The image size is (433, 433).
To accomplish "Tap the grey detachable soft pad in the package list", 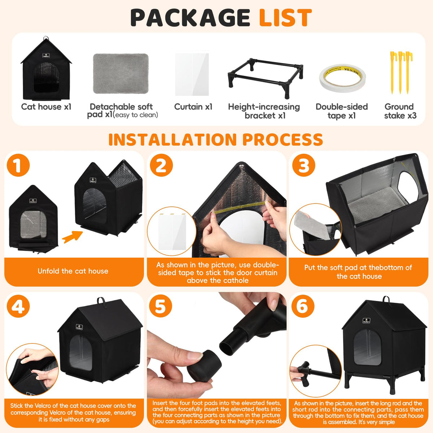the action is (x=121, y=74).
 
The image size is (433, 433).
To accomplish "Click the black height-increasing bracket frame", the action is (x=265, y=78).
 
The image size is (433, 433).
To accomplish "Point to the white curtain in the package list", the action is (x=192, y=74).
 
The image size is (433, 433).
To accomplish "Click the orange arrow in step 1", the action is (x=73, y=237).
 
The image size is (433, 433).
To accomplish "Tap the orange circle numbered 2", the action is (x=161, y=166).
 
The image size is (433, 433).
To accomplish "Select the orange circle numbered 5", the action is (x=161, y=306).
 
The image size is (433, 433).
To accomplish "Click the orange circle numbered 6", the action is (x=303, y=306).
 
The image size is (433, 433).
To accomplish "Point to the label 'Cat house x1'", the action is (x=46, y=107).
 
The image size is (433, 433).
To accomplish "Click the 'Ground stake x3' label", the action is (x=400, y=111).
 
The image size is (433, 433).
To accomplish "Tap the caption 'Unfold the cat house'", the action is (x=73, y=271).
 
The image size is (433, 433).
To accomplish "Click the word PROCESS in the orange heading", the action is (x=283, y=140).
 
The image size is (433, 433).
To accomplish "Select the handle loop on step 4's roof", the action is (x=101, y=301).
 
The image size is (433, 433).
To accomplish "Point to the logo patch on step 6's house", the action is (x=367, y=321).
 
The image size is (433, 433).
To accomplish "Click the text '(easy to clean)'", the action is (x=136, y=115).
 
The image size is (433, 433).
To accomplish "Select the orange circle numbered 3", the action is (x=303, y=165).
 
